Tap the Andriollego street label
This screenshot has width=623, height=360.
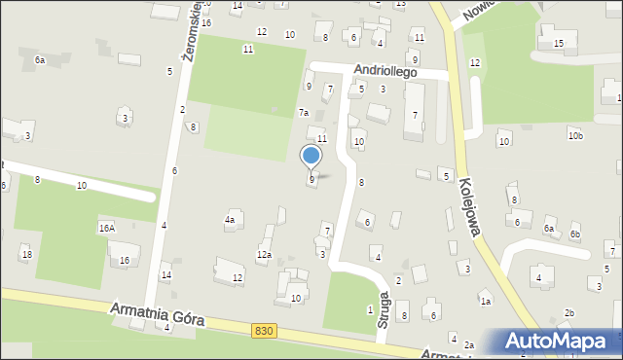(x=385, y=72)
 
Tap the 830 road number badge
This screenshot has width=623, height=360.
(x=263, y=331)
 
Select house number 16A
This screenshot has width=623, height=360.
(x=106, y=228)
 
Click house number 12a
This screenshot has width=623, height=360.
(x=264, y=255)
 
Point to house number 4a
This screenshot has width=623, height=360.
(x=230, y=220)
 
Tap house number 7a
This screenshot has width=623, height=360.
(x=304, y=112)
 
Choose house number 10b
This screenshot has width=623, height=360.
(x=576, y=135)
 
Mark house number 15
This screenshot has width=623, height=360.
(x=558, y=44)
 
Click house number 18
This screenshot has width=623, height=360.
(x=26, y=254)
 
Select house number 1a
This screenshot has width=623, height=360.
(x=484, y=302)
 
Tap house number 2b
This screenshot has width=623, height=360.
(x=569, y=312)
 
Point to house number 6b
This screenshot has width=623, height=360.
(x=575, y=234)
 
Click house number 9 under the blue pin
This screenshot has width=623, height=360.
(x=311, y=179)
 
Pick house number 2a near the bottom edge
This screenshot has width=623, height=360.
(x=468, y=345)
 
